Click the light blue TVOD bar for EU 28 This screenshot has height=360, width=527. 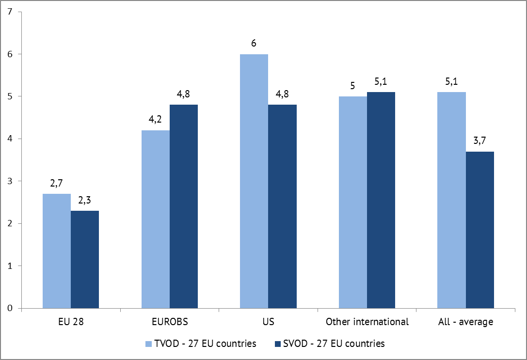pyautogui.click(x=57, y=251)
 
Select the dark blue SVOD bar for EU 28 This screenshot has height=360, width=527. pyautogui.click(x=85, y=259)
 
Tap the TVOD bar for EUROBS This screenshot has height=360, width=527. pyautogui.click(x=156, y=219)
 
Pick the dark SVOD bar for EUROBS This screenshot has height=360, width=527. pyautogui.click(x=184, y=206)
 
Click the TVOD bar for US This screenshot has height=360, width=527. pyautogui.click(x=254, y=181)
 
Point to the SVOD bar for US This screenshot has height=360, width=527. pyautogui.click(x=282, y=206)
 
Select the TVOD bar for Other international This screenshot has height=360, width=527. pyautogui.click(x=353, y=202)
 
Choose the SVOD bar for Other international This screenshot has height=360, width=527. pyautogui.click(x=381, y=200)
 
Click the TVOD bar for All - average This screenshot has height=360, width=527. pyautogui.click(x=451, y=200)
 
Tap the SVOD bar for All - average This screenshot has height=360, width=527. pyautogui.click(x=480, y=230)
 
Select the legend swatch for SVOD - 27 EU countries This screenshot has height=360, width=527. pyautogui.click(x=277, y=344)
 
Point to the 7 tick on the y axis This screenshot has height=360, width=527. pyautogui.click(x=11, y=12)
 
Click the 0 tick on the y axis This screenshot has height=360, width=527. pyautogui.click(x=11, y=308)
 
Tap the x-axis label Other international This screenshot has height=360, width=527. pyautogui.click(x=367, y=322)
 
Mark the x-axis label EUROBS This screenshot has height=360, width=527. pyautogui.click(x=170, y=322)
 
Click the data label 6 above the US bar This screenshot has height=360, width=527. pyautogui.click(x=254, y=44)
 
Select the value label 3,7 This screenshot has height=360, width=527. pyautogui.click(x=480, y=141)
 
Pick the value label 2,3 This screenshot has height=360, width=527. pyautogui.click(x=85, y=201)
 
